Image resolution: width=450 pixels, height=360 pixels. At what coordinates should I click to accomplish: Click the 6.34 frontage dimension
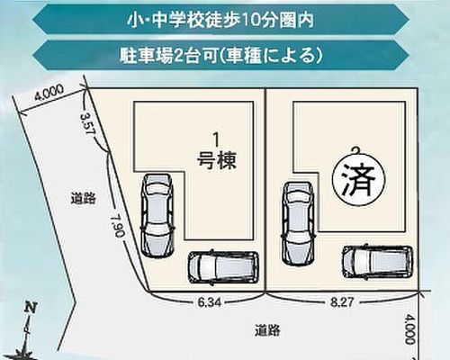(x=210, y=302)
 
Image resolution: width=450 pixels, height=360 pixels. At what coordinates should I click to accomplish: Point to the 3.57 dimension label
(x=88, y=124)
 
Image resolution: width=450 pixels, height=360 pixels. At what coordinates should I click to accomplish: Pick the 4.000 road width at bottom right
(x=410, y=329)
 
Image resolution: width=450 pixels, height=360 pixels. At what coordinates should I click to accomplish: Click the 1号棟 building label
(x=217, y=152)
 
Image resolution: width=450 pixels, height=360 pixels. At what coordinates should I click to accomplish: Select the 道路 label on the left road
(x=83, y=198)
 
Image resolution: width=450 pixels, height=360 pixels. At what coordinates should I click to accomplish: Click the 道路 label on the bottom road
(x=267, y=330)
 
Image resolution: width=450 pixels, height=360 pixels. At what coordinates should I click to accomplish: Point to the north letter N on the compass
(x=30, y=308)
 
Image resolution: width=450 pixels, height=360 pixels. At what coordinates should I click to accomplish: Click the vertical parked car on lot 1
(x=158, y=215)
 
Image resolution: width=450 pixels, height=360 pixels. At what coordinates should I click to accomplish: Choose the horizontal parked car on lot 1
(x=223, y=266)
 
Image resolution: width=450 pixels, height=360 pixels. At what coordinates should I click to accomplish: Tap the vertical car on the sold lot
(x=298, y=223)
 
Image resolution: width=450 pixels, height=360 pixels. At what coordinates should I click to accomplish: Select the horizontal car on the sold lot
(x=378, y=262)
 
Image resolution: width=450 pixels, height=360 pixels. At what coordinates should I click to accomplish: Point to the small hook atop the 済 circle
(x=356, y=149)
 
